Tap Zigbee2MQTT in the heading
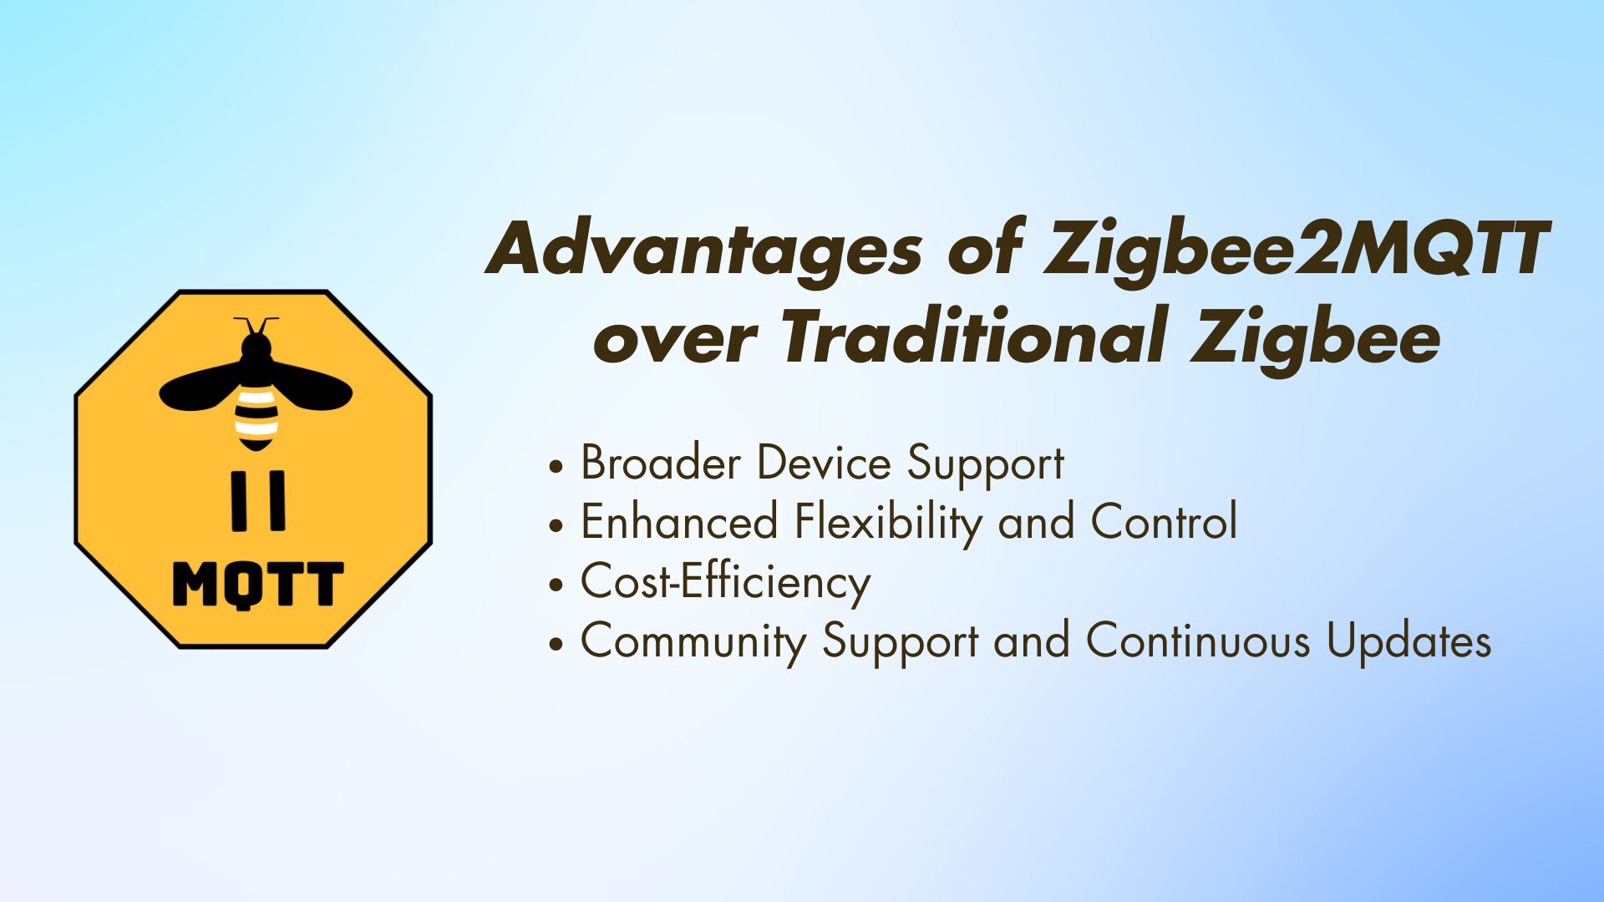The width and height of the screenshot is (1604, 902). point(1296,250)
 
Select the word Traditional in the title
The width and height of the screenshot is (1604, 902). point(972,337)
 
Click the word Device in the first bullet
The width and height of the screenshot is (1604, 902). point(824,464)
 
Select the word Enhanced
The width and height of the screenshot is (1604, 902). point(679,523)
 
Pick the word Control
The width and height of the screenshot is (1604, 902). point(1163,523)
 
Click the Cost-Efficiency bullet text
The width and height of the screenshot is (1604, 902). point(725,582)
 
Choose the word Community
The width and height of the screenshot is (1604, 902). point(693,642)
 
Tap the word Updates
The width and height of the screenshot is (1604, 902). point(1409,641)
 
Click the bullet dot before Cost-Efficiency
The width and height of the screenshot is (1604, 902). point(556,585)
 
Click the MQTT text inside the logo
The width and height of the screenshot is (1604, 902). point(257,585)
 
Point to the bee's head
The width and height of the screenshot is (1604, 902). point(256,346)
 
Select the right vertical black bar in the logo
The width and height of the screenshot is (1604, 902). point(277,500)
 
